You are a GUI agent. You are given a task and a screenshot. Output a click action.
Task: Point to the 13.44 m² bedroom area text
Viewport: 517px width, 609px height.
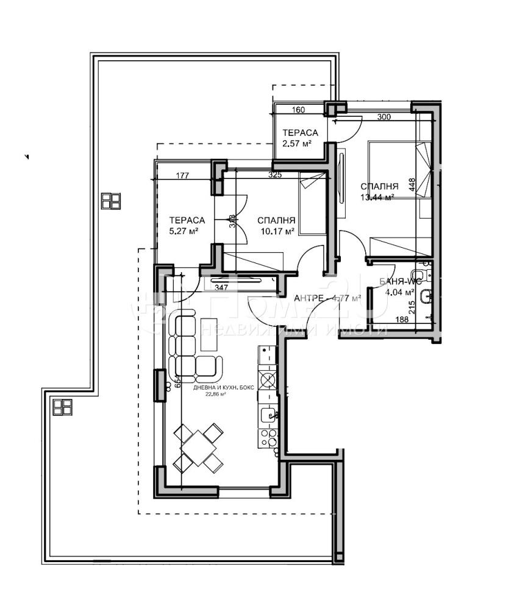[x=376, y=197]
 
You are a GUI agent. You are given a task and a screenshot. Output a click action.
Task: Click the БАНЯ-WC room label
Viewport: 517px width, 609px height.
[x=400, y=281]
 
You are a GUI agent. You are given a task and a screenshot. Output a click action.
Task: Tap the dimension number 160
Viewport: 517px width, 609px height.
[x=298, y=110]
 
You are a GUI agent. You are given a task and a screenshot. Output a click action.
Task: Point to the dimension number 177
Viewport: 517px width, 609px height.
[x=182, y=175]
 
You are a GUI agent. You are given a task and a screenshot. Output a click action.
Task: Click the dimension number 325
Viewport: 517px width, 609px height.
[x=275, y=175]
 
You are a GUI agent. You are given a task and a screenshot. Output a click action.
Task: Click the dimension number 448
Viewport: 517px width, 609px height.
[x=413, y=185]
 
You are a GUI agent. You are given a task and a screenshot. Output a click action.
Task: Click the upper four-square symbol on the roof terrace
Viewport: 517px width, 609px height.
[x=111, y=201]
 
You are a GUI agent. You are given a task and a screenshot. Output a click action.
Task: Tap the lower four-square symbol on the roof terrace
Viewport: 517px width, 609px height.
[x=62, y=406]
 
